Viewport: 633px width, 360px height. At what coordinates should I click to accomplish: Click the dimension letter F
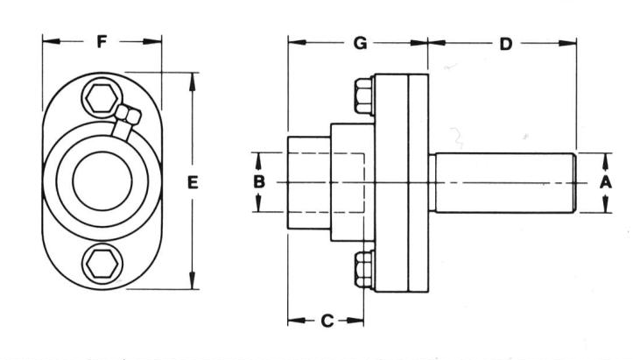pyautogui.click(x=102, y=41)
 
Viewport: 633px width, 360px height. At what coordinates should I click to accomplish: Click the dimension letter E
pyautogui.click(x=193, y=182)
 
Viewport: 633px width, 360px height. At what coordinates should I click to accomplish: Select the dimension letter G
pyautogui.click(x=360, y=43)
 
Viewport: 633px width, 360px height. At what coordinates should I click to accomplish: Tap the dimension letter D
pyautogui.click(x=506, y=44)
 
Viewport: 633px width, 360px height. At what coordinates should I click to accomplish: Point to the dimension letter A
pyautogui.click(x=606, y=182)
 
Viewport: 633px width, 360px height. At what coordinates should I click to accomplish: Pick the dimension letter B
pyautogui.click(x=259, y=182)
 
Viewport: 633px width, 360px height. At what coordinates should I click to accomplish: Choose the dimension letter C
pyautogui.click(x=327, y=321)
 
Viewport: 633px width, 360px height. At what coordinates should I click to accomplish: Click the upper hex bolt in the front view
pyautogui.click(x=102, y=98)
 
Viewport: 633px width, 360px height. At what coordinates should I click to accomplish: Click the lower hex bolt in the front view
pyautogui.click(x=102, y=264)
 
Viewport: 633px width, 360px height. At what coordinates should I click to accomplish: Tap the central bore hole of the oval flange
pyautogui.click(x=102, y=180)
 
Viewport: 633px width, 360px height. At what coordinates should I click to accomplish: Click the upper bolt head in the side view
pyautogui.click(x=364, y=96)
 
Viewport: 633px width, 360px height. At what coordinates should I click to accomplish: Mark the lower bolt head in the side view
pyautogui.click(x=364, y=269)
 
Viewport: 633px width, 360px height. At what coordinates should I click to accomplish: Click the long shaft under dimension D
pyautogui.click(x=503, y=182)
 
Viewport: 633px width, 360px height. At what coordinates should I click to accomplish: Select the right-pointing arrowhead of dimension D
pyautogui.click(x=567, y=43)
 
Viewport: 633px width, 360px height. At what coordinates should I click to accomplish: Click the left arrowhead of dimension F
pyautogui.click(x=52, y=41)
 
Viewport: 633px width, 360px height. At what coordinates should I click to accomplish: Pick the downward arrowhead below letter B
pyautogui.click(x=259, y=203)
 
